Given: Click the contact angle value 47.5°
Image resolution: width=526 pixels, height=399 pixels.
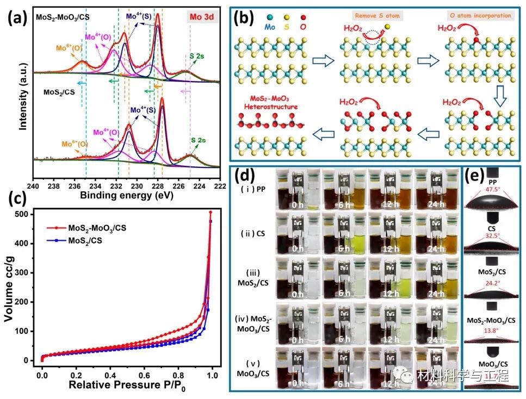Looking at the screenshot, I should point(492,191).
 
